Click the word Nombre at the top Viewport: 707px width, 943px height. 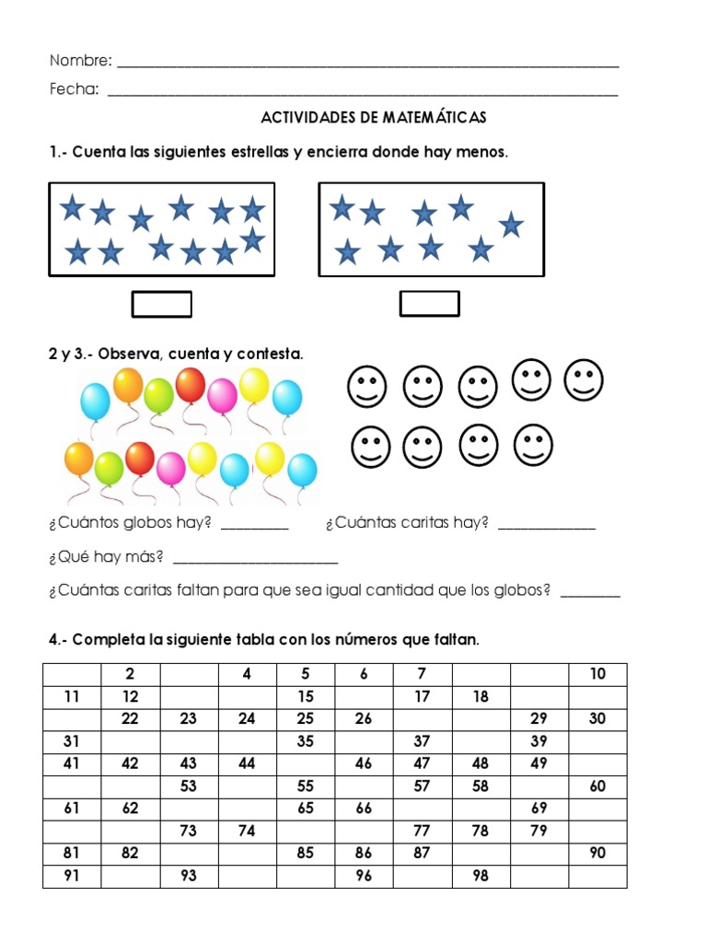[81, 62]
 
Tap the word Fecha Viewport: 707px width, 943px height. [75, 90]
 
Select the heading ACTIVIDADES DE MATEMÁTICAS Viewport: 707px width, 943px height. [374, 118]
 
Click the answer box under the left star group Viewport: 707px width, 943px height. [162, 304]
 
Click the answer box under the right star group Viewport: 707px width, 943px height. [429, 304]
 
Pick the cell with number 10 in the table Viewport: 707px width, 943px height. [597, 674]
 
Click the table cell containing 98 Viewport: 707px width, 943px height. [481, 876]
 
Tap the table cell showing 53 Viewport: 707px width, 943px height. [189, 786]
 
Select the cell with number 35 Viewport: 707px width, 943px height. [306, 741]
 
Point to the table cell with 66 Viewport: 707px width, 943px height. [364, 809]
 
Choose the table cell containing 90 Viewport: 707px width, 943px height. [597, 854]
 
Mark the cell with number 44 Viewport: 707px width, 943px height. [247, 763]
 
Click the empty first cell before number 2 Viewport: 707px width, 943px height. [72, 674]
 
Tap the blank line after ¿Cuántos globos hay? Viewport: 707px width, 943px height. [255, 528]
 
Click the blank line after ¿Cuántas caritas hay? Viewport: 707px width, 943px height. [546, 528]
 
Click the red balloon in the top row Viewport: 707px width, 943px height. [191, 385]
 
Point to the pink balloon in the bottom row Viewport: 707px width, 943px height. [171, 469]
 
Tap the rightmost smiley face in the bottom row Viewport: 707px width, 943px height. [532, 446]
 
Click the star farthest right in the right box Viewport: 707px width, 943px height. [511, 224]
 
